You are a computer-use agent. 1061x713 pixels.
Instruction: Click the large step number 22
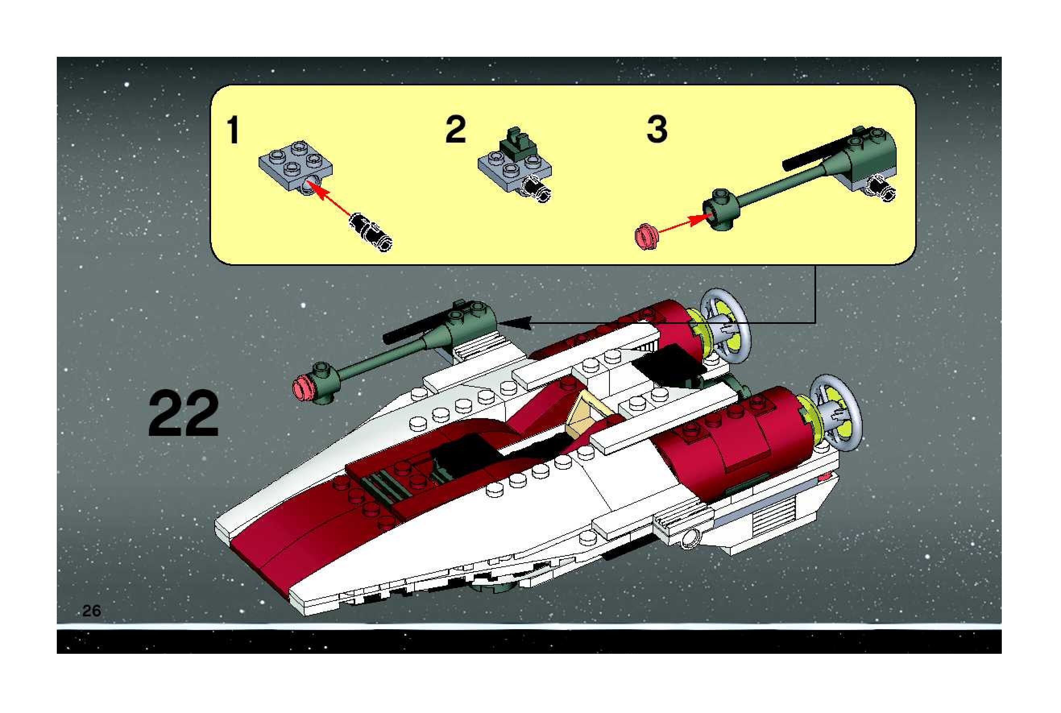183,413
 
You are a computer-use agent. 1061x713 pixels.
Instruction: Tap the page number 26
91,611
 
